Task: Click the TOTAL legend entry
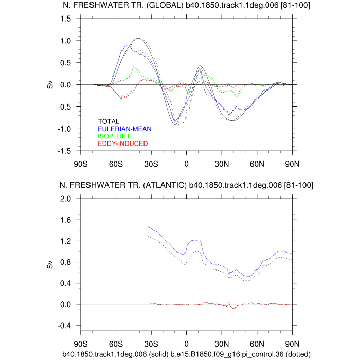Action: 109,122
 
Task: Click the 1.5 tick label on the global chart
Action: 67,19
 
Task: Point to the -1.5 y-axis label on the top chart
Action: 65,151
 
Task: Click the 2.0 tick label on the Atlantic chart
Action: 67,199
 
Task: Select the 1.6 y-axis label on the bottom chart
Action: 67,220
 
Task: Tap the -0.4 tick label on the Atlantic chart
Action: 65,326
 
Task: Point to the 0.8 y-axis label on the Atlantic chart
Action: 67,262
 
